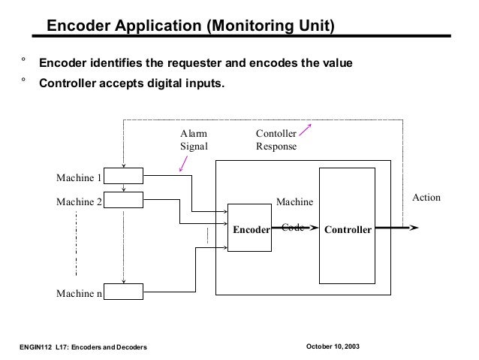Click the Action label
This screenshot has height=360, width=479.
pos(426,197)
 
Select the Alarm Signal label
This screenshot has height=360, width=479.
pos(194,140)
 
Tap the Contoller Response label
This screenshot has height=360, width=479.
pos(276,140)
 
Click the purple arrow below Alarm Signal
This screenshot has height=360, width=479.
pos(183,164)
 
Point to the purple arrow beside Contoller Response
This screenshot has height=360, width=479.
pos(305,130)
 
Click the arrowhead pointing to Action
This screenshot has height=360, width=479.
pos(414,228)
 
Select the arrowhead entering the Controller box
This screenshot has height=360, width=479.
pos(314,228)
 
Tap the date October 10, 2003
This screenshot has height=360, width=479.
pos(333,346)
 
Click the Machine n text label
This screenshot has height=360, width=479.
pos(79,293)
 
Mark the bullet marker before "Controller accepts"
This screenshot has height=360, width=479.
pos(23,80)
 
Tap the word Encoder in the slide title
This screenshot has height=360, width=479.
pos(79,26)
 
